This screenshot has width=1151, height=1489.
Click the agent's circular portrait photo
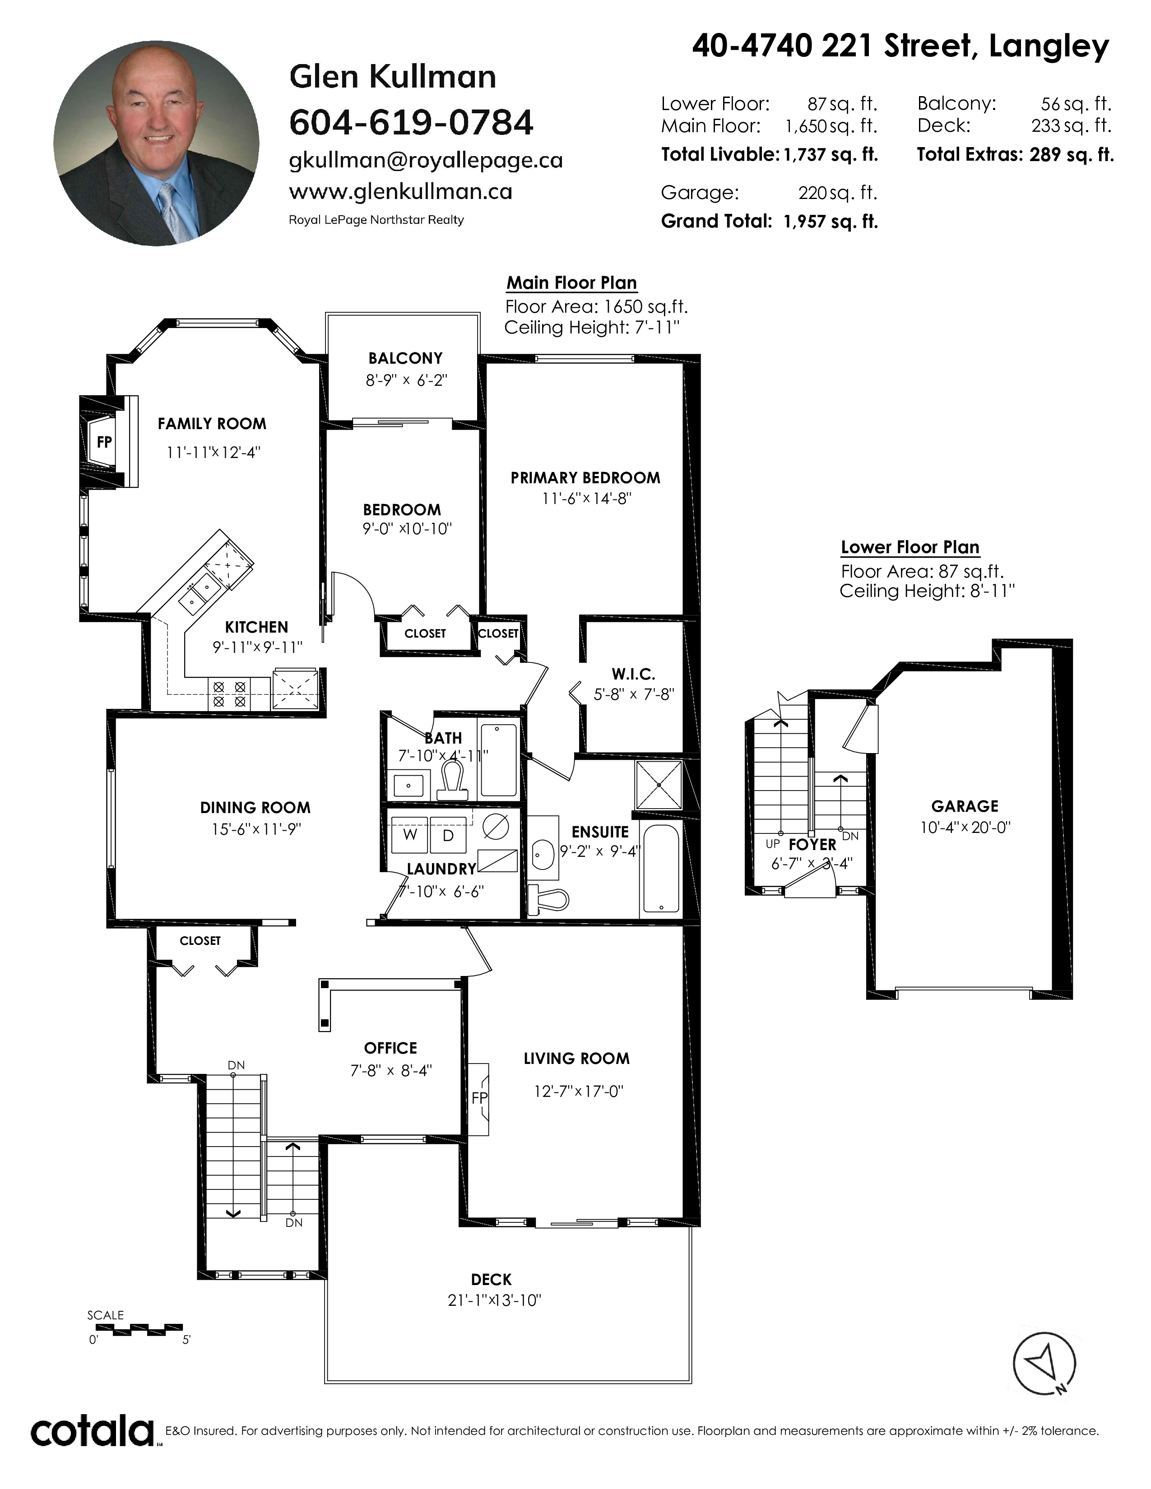tap(156, 143)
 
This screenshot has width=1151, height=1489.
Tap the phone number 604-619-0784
tap(411, 123)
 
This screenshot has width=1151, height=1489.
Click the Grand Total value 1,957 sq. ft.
tap(831, 222)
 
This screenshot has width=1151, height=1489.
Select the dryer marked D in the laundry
tap(448, 834)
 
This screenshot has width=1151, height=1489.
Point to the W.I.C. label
tap(633, 674)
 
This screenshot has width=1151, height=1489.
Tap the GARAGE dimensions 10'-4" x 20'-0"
tap(965, 828)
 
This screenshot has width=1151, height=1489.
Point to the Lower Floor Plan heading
tap(910, 547)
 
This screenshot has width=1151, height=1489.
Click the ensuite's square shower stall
tap(659, 785)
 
